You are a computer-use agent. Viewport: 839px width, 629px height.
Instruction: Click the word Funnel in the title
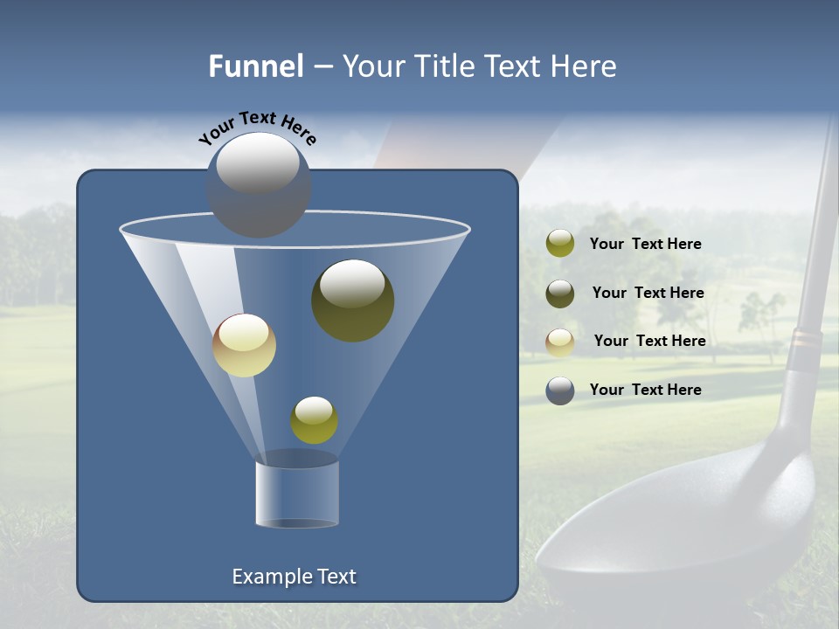[x=256, y=66]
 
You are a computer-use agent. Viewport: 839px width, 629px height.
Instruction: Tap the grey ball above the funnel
[x=259, y=184]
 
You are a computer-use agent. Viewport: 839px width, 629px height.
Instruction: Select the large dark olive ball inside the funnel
[x=352, y=300]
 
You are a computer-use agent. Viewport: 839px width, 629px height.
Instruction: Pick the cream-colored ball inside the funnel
[x=244, y=345]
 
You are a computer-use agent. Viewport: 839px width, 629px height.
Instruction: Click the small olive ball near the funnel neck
[x=314, y=420]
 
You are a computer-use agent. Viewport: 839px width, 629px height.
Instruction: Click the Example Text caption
[x=294, y=577]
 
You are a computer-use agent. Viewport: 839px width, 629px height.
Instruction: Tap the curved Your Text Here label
[x=258, y=127]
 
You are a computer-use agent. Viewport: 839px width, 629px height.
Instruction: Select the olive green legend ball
[x=560, y=244]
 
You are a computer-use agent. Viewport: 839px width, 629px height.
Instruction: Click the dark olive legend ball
[x=560, y=294]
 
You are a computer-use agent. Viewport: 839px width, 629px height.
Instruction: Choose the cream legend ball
[x=560, y=342]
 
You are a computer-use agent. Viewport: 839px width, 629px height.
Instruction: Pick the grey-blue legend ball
[x=560, y=391]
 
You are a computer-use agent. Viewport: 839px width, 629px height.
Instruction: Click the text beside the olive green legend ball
[x=645, y=245]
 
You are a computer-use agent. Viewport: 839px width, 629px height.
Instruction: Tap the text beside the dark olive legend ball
[x=648, y=294]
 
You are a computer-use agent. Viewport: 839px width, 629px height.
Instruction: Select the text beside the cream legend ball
[x=649, y=342]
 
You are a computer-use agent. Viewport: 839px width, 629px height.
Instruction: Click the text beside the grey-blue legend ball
[x=645, y=390]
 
